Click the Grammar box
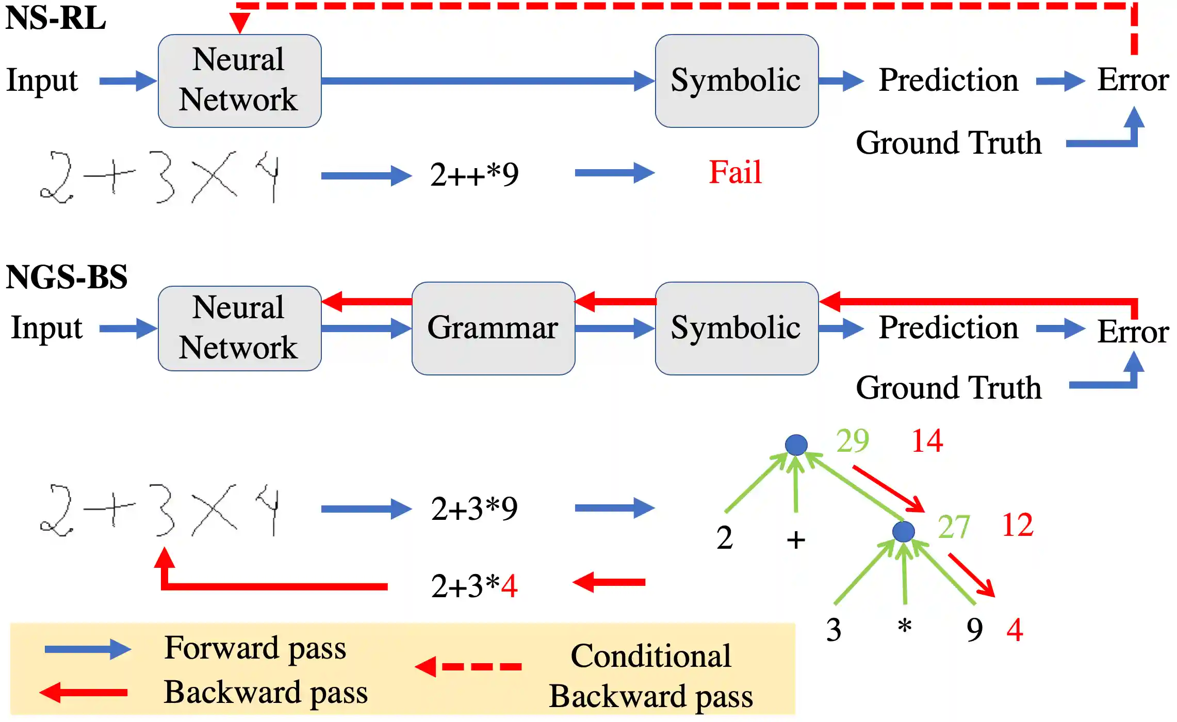point(493,329)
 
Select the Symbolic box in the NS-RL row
point(737,81)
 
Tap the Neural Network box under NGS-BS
point(239,329)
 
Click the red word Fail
point(735,172)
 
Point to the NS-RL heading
point(56,18)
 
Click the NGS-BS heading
point(67,277)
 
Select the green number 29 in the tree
point(853,441)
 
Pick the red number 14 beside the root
point(927,441)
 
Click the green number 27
point(954,527)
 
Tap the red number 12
point(1017,526)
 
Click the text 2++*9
point(475,175)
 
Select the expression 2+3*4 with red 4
point(475,586)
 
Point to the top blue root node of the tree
point(796,445)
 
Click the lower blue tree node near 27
point(903,531)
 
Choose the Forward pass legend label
point(255,649)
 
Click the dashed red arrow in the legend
point(468,667)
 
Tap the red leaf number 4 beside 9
point(1015,630)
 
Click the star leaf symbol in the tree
point(905,626)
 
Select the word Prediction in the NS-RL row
point(949,80)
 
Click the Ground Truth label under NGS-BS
point(949,388)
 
